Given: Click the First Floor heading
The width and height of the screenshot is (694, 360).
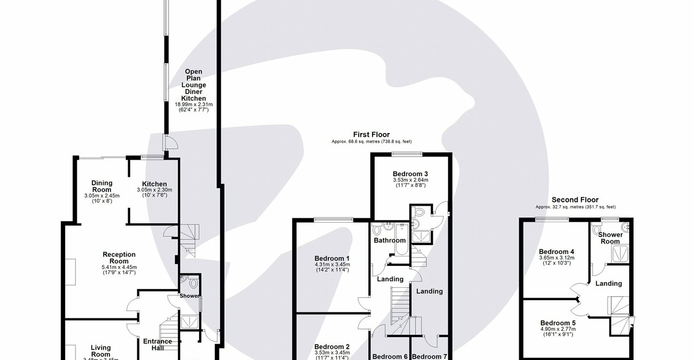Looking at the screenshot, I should click(371, 135).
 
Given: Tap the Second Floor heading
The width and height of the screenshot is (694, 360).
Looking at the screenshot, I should click(575, 200).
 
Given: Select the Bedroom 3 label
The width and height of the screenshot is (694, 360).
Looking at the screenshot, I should click(410, 174).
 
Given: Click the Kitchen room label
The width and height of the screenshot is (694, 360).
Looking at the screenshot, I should click(154, 184).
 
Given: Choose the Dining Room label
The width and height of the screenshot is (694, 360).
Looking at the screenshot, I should click(101, 186).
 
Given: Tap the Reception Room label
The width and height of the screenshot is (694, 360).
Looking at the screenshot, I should click(119, 258).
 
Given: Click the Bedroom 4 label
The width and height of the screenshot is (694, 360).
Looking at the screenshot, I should click(556, 252).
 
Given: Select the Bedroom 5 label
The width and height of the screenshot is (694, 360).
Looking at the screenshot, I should click(558, 323).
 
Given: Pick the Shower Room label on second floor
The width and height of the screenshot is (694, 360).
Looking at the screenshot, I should click(610, 238).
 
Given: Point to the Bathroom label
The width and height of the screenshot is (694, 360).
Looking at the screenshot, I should click(390, 240).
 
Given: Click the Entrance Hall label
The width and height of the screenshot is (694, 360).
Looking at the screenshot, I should click(157, 345).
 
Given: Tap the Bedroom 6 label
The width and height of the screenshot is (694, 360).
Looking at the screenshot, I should click(390, 356).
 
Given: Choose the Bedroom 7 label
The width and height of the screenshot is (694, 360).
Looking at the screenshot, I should click(430, 356).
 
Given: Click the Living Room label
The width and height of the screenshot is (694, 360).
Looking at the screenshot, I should click(100, 351).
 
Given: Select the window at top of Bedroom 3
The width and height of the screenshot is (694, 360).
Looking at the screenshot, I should click(407, 154).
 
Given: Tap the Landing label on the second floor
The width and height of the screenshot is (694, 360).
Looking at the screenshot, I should click(609, 284).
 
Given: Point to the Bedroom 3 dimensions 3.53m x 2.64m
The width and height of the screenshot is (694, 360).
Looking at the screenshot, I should click(410, 181).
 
